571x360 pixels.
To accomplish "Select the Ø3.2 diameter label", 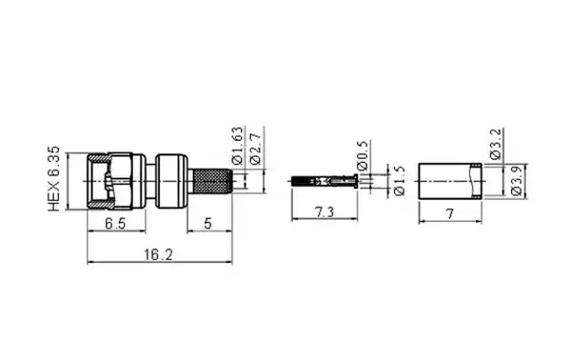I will [498, 145].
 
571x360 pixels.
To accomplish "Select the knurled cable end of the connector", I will [210, 178].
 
